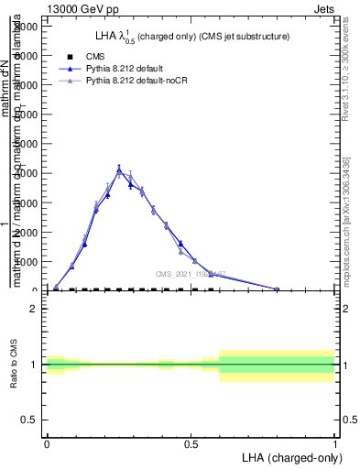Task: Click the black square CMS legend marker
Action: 69,57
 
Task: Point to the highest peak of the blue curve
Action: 119,169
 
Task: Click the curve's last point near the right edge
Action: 277,289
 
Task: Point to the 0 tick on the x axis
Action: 47,442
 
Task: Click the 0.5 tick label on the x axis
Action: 191,442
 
